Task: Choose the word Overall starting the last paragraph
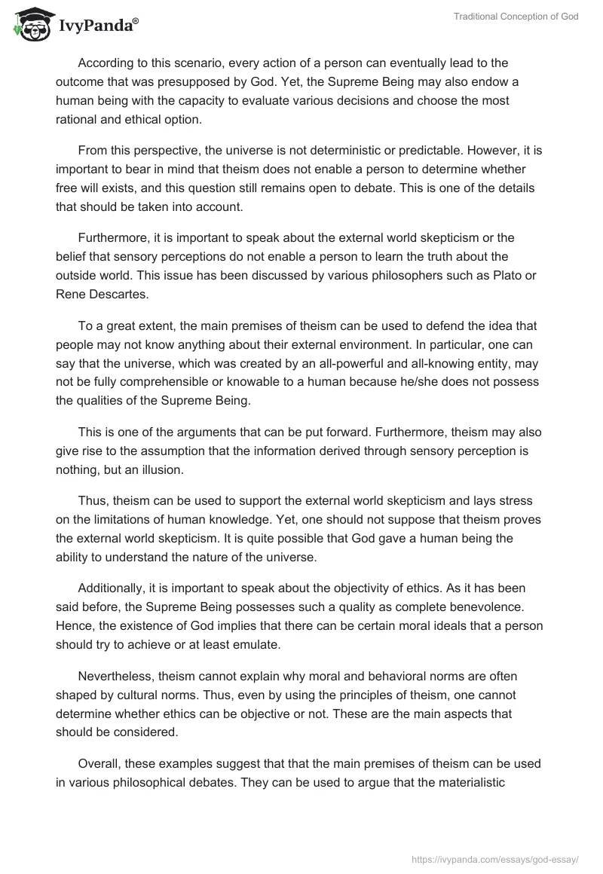(100, 763)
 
